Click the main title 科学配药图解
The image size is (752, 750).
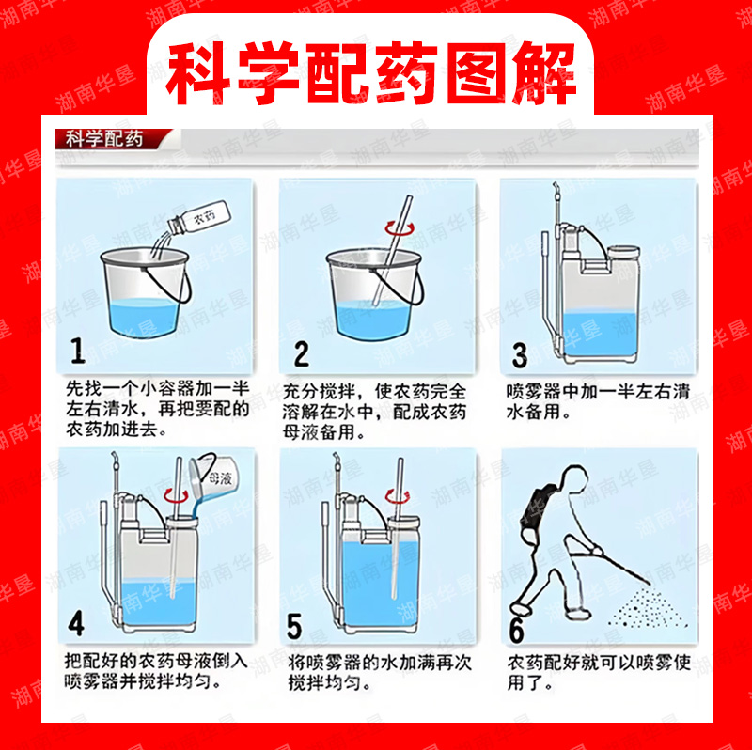pyautogui.click(x=370, y=73)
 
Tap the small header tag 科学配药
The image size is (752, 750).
pyautogui.click(x=104, y=139)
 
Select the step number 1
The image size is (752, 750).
pyautogui.click(x=78, y=351)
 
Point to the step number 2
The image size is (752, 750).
pyautogui.click(x=301, y=354)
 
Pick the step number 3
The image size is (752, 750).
pyautogui.click(x=520, y=355)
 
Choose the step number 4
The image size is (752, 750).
pyautogui.click(x=76, y=623)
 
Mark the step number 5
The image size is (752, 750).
pyautogui.click(x=294, y=626)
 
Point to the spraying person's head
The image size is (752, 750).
pyautogui.click(x=574, y=479)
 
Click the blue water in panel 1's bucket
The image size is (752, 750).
pyautogui.click(x=144, y=318)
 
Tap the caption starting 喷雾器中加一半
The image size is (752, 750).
pyautogui.click(x=598, y=402)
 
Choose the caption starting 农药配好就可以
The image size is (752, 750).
pyautogui.click(x=599, y=672)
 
